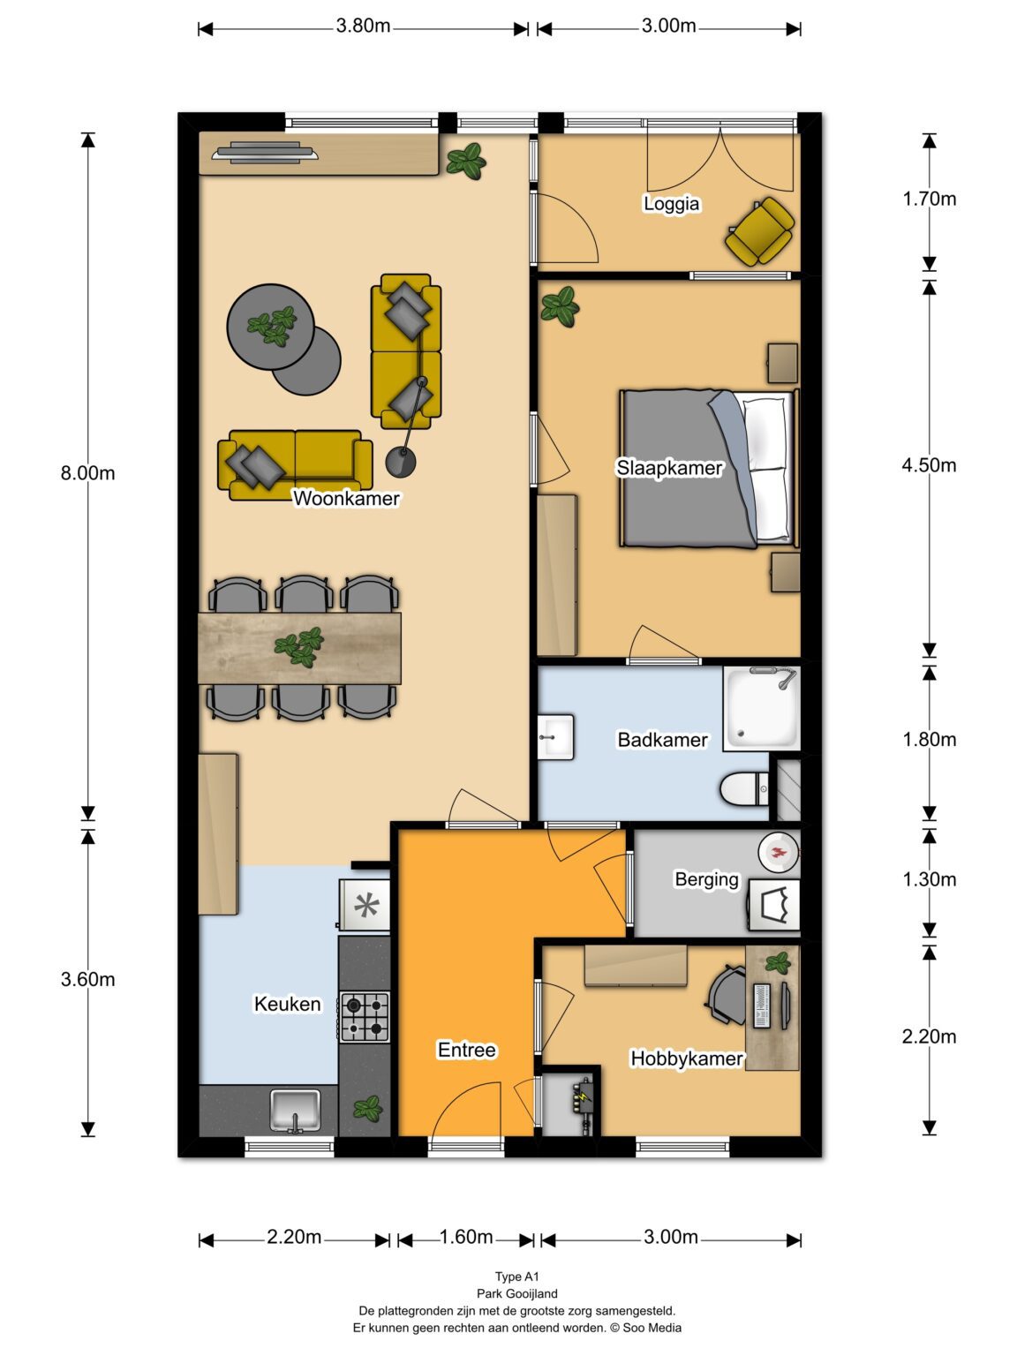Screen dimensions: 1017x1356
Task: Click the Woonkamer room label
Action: click(346, 498)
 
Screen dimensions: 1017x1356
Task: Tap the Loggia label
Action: click(671, 203)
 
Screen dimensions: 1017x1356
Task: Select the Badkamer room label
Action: click(663, 740)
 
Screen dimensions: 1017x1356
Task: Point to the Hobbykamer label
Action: click(687, 1058)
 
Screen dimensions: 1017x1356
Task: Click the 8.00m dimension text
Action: click(87, 472)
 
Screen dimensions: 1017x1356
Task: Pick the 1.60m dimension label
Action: click(465, 1237)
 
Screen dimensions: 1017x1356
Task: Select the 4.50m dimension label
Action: click(929, 465)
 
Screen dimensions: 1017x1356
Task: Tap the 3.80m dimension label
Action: click(363, 26)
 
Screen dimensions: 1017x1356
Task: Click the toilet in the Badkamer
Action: click(744, 789)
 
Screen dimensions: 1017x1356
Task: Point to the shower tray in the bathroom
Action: click(761, 708)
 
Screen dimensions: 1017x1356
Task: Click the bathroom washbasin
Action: click(556, 737)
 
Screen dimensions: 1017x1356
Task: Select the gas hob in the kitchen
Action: click(365, 1017)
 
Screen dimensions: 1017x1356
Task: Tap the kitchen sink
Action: click(296, 1110)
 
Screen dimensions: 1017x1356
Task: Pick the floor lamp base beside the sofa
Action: click(401, 462)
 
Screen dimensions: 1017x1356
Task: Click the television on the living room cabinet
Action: click(265, 152)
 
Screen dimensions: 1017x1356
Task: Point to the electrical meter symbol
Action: click(583, 1097)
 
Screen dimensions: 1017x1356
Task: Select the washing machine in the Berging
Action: click(773, 904)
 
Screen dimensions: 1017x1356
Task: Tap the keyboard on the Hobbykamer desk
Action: click(762, 1006)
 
